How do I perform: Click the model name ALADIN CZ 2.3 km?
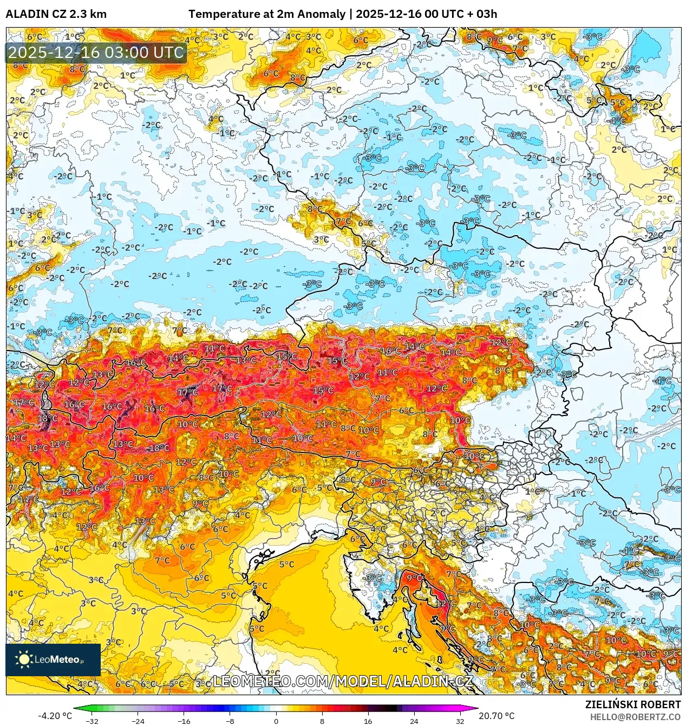[56, 14]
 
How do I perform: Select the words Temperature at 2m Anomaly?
[267, 14]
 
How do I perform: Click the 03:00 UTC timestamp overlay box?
[96, 53]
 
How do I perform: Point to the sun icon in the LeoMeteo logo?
[24, 659]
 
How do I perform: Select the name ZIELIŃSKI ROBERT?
[632, 704]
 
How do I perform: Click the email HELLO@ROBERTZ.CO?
[635, 717]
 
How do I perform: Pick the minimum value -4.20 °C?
[55, 716]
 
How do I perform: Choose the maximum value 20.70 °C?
[496, 716]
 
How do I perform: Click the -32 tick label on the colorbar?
[92, 721]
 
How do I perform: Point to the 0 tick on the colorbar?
[276, 721]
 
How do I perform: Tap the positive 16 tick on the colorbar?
[368, 721]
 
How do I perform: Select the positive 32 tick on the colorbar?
[460, 721]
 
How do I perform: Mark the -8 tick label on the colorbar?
[230, 721]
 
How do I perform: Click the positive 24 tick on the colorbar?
[414, 721]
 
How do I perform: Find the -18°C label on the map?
[158, 448]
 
